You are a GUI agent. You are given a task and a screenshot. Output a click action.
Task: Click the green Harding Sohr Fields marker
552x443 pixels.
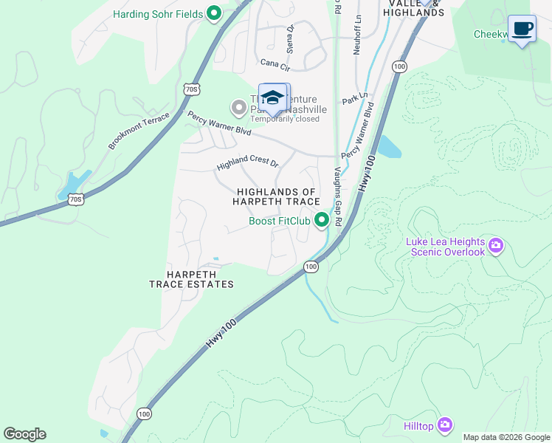coord(215,13)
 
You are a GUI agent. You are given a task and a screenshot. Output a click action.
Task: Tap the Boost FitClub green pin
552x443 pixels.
coord(322,220)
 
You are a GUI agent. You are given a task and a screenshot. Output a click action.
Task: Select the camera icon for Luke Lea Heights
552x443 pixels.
coord(497,244)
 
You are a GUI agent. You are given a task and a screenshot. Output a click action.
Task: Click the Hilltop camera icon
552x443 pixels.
coord(444,425)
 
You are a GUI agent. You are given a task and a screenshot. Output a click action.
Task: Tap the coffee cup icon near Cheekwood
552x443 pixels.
coord(522,29)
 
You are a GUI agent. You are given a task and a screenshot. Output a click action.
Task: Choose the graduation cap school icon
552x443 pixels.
coord(273,98)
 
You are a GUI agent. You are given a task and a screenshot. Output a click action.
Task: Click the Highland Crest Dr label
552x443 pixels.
coord(246,162)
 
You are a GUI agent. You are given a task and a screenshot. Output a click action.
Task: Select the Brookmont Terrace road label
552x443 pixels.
coord(138,131)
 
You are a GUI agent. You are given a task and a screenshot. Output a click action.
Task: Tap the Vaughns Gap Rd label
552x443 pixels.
coord(338,196)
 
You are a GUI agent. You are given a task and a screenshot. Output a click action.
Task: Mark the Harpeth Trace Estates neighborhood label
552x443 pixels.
coord(191,279)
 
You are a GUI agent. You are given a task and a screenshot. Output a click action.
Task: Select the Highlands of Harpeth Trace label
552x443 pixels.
coord(277,196)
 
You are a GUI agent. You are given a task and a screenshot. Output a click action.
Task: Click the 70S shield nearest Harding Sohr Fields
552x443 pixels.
coord(191,89)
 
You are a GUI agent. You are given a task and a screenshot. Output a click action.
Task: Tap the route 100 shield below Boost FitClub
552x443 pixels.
coord(311,266)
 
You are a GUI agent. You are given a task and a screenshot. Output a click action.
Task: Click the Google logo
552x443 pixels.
coord(24,434)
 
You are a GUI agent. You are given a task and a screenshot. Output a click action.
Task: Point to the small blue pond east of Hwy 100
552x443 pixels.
coord(388,148)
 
